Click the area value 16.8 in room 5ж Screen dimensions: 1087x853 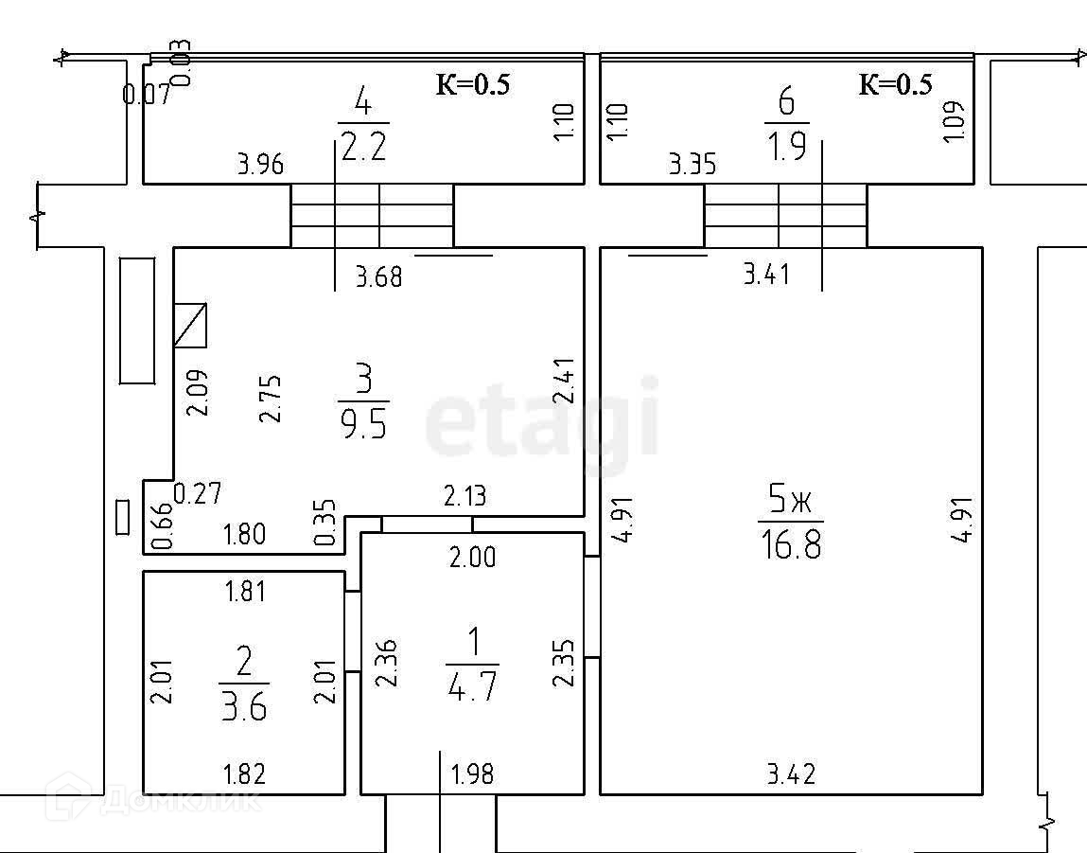pyautogui.click(x=791, y=545)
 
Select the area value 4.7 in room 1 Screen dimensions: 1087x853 pyautogui.click(x=471, y=684)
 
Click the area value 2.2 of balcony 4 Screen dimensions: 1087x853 pyautogui.click(x=364, y=148)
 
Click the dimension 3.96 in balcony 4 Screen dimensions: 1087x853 pyautogui.click(x=259, y=166)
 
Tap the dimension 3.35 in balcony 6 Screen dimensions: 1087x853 pyautogui.click(x=693, y=166)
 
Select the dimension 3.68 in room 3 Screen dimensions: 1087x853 pyautogui.click(x=378, y=278)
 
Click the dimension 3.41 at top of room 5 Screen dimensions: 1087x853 pyautogui.click(x=766, y=275)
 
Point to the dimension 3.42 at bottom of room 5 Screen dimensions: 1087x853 pyautogui.click(x=791, y=774)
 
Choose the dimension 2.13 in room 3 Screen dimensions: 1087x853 pyautogui.click(x=465, y=495)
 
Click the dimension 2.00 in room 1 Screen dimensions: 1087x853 pyautogui.click(x=471, y=559)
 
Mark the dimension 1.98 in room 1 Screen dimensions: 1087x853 pyautogui.click(x=472, y=774)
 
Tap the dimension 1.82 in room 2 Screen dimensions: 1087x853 pyautogui.click(x=243, y=774)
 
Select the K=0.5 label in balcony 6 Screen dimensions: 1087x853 pyautogui.click(x=895, y=85)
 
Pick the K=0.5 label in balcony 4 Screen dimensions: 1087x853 pyautogui.click(x=472, y=85)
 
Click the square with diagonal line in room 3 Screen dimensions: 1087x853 pyautogui.click(x=190, y=326)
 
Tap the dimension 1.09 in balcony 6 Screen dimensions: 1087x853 pyautogui.click(x=954, y=121)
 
